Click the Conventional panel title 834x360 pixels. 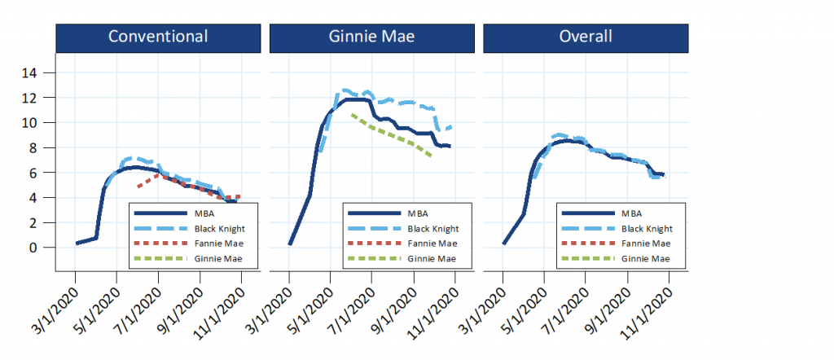coord(158,37)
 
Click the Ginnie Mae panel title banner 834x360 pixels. coord(371,37)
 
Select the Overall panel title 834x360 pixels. coord(586,37)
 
